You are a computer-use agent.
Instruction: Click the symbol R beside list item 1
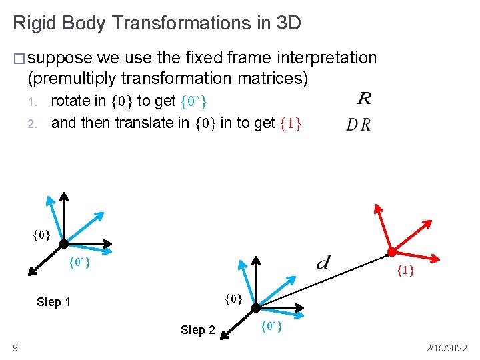[x=364, y=99]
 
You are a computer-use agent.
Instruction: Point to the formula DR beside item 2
[x=359, y=125]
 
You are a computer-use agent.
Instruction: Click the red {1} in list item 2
[x=290, y=123]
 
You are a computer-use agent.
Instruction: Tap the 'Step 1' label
[x=53, y=302]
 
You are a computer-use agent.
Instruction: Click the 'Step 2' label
[x=198, y=330]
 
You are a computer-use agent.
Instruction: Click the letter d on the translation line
[x=323, y=261]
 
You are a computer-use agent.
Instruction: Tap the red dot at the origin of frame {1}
[x=392, y=252]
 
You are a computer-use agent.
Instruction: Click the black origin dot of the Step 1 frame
[x=64, y=243]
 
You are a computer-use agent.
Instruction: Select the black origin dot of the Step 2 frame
[x=256, y=307]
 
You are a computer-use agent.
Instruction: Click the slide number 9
[x=15, y=348]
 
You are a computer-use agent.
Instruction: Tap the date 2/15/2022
[x=445, y=348]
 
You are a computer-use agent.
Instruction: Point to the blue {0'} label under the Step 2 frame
[x=271, y=326]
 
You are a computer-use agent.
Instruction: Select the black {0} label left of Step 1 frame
[x=41, y=234]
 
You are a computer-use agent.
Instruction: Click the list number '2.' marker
[x=32, y=123]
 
